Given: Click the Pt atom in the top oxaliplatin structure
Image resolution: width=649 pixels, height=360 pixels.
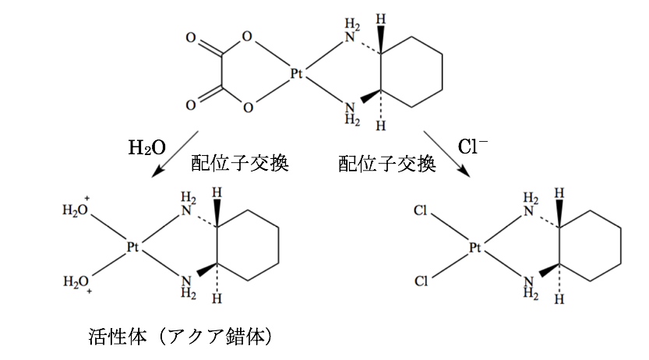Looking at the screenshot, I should [297, 74].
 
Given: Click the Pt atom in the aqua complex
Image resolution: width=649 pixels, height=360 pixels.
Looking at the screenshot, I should [133, 247].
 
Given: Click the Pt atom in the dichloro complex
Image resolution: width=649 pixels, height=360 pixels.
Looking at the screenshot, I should [476, 249].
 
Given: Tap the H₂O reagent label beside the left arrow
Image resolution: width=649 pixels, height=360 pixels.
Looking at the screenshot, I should [147, 147].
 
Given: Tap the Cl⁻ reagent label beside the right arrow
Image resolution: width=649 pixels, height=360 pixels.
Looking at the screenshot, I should [473, 146].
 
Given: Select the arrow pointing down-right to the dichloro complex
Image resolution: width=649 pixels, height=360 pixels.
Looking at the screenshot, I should [447, 152].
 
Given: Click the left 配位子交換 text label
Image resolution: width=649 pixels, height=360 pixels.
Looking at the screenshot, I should [240, 164].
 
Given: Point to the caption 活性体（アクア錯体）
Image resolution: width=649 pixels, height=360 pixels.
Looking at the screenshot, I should [181, 337].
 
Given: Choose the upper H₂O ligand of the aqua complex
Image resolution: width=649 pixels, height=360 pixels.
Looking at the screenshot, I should [76, 210].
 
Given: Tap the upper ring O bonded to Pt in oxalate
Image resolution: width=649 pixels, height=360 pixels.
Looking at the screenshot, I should [247, 37].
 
